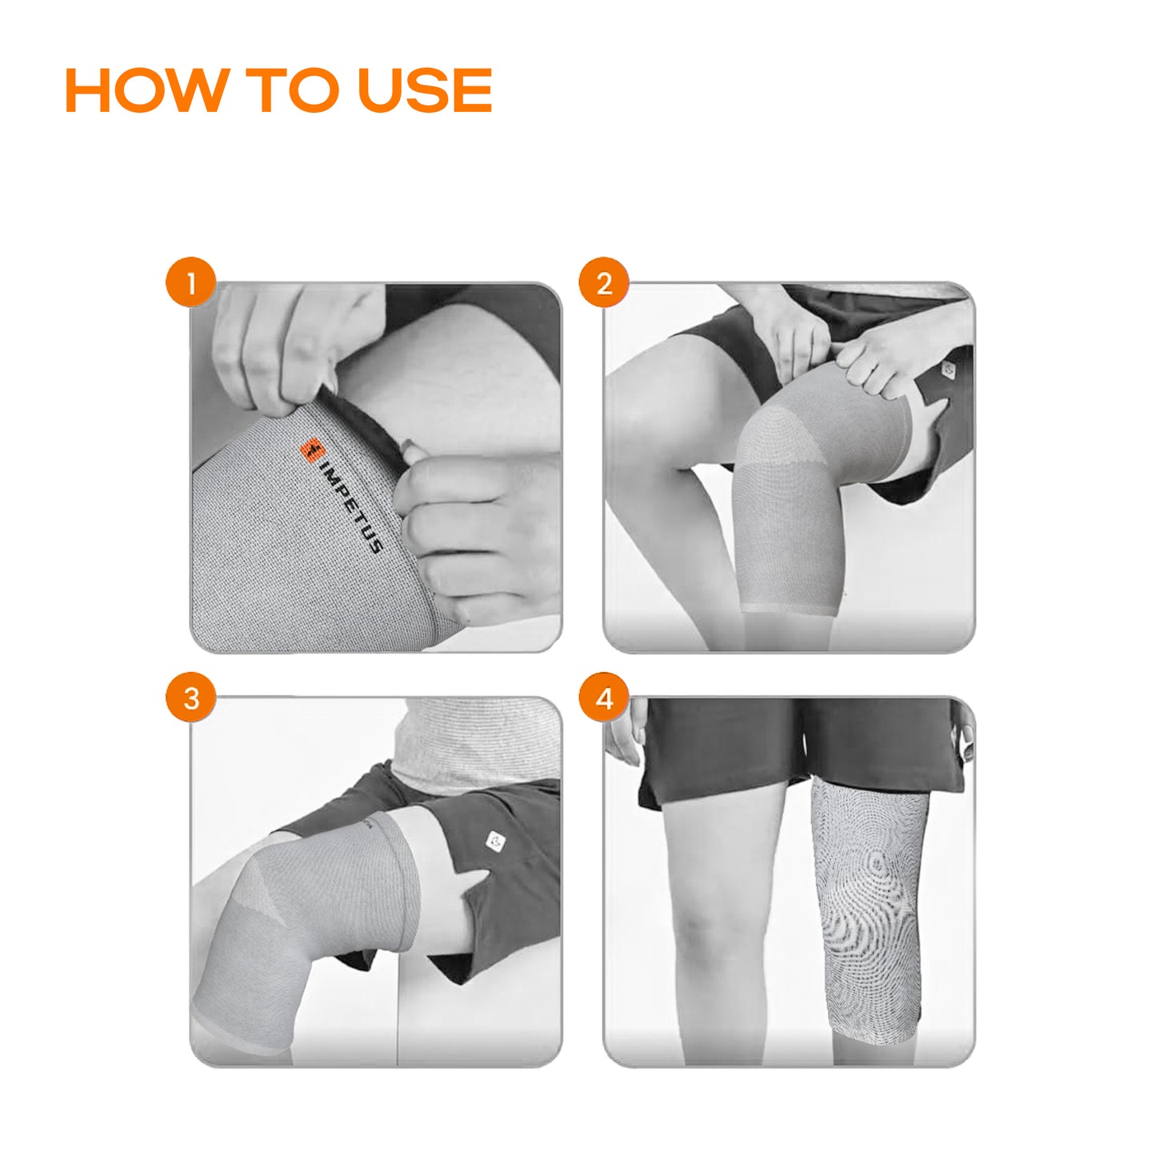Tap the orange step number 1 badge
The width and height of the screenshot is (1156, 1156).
pyautogui.click(x=190, y=282)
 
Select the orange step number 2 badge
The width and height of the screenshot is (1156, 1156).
pyautogui.click(x=603, y=282)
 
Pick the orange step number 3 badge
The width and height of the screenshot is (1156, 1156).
pyautogui.click(x=190, y=698)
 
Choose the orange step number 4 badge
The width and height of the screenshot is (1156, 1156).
pyautogui.click(x=603, y=698)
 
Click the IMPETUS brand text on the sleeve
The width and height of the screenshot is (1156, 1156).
pyautogui.click(x=351, y=507)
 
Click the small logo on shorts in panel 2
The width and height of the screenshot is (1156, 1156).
pyautogui.click(x=947, y=370)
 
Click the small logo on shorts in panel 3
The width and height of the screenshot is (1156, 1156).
pyautogui.click(x=495, y=841)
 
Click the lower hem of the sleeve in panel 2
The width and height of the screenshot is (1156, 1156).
pyautogui.click(x=790, y=610)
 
